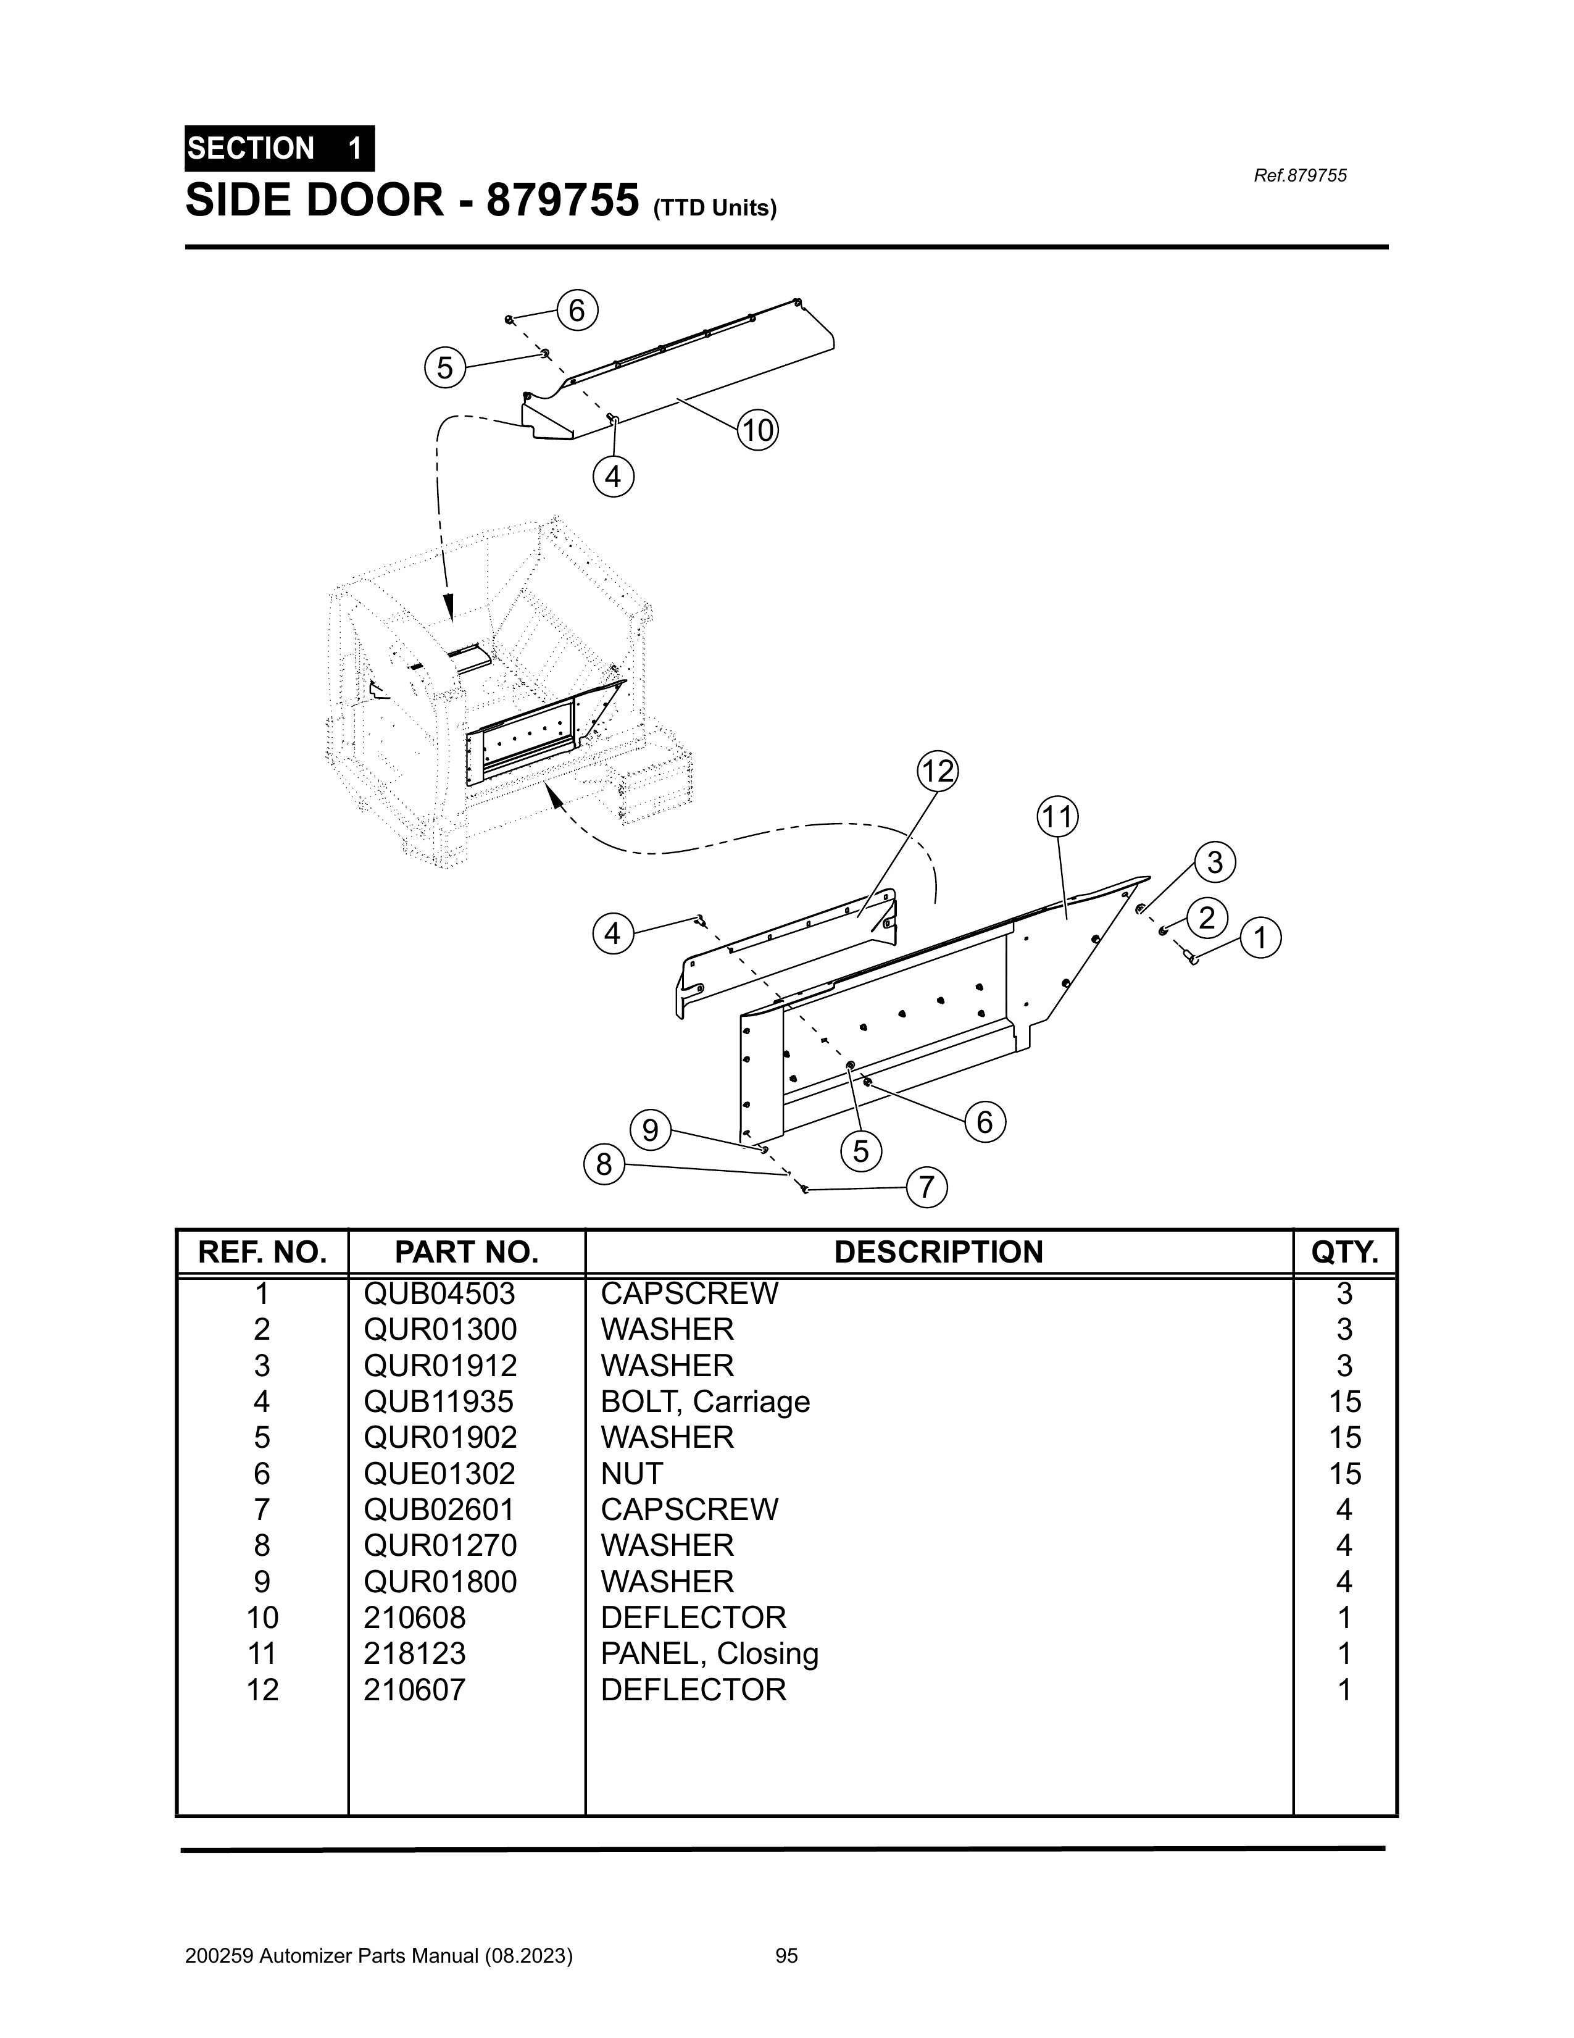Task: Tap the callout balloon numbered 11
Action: [x=1057, y=817]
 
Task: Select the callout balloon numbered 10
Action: [x=757, y=430]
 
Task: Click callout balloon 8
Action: [x=604, y=1164]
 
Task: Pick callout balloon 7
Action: [x=926, y=1188]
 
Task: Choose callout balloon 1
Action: [x=1260, y=937]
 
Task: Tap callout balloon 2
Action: [x=1207, y=918]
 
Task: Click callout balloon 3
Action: [x=1215, y=862]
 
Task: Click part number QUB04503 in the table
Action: [x=439, y=1293]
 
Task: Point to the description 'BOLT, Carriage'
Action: [x=706, y=1401]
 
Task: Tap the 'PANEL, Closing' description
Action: [x=710, y=1653]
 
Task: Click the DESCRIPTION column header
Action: [x=939, y=1252]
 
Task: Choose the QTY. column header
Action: [x=1344, y=1252]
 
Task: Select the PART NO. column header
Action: [x=467, y=1252]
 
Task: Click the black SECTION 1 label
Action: [x=280, y=148]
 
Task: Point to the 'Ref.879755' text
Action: [x=1301, y=175]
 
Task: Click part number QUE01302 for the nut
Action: [x=439, y=1474]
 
